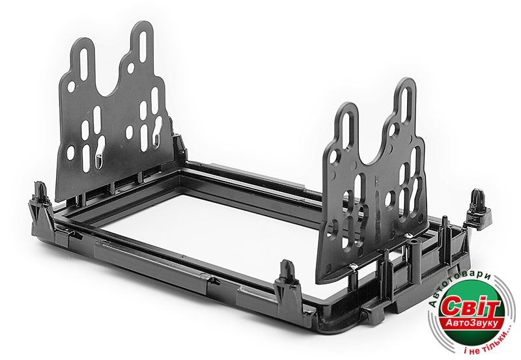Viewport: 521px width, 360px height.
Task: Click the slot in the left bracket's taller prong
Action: click(x=143, y=46)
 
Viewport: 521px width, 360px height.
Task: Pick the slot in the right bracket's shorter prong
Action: click(x=348, y=130)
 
